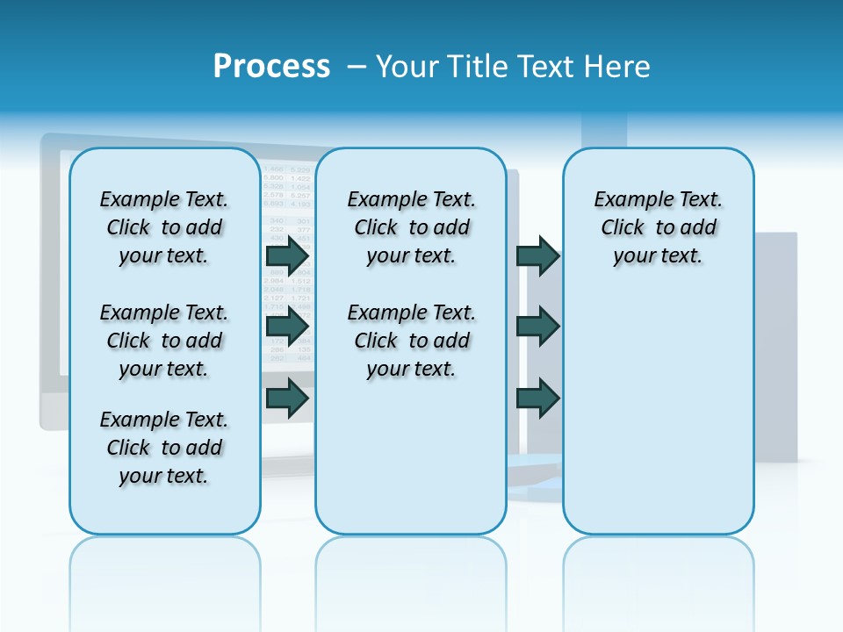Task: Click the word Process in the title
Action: click(x=271, y=67)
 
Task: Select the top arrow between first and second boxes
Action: click(x=287, y=256)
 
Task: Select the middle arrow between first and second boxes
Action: click(x=287, y=327)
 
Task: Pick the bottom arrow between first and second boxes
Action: click(x=287, y=398)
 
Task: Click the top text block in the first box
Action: click(x=164, y=227)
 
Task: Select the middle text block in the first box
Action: click(x=164, y=341)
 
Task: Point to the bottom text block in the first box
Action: click(x=164, y=448)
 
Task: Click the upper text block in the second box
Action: click(x=411, y=227)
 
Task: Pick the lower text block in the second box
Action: click(x=411, y=341)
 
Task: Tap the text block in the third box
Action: click(x=658, y=227)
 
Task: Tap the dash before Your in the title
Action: click(x=356, y=67)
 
